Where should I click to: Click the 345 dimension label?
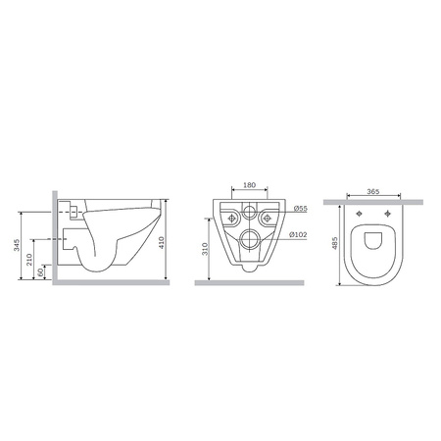point(17,245)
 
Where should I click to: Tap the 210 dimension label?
point(29,260)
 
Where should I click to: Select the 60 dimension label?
point(40,271)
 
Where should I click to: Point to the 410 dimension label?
point(162,242)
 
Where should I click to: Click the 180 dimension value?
point(250,185)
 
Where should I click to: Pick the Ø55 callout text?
point(300,209)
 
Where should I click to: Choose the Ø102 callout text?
point(298,234)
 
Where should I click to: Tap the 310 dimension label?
point(205,249)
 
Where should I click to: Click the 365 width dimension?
point(373,191)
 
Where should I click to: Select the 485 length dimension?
point(334,243)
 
